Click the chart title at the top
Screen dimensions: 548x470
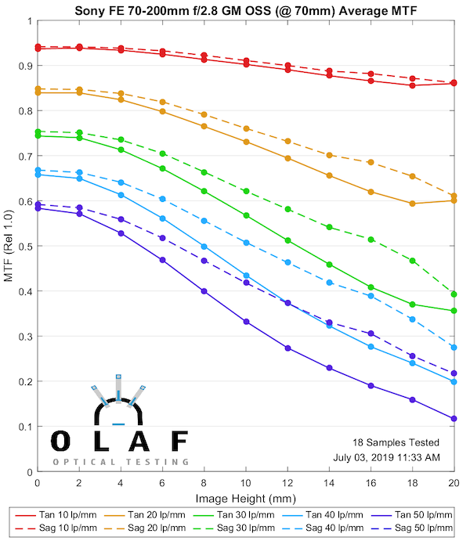245,11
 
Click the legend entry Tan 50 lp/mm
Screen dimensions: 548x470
428,516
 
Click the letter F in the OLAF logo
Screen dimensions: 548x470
179,442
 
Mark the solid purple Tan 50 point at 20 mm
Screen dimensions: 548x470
454,419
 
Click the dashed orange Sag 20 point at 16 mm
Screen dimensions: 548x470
371,162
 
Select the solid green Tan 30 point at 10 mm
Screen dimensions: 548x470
246,215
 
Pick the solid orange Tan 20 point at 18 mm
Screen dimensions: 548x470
413,204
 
